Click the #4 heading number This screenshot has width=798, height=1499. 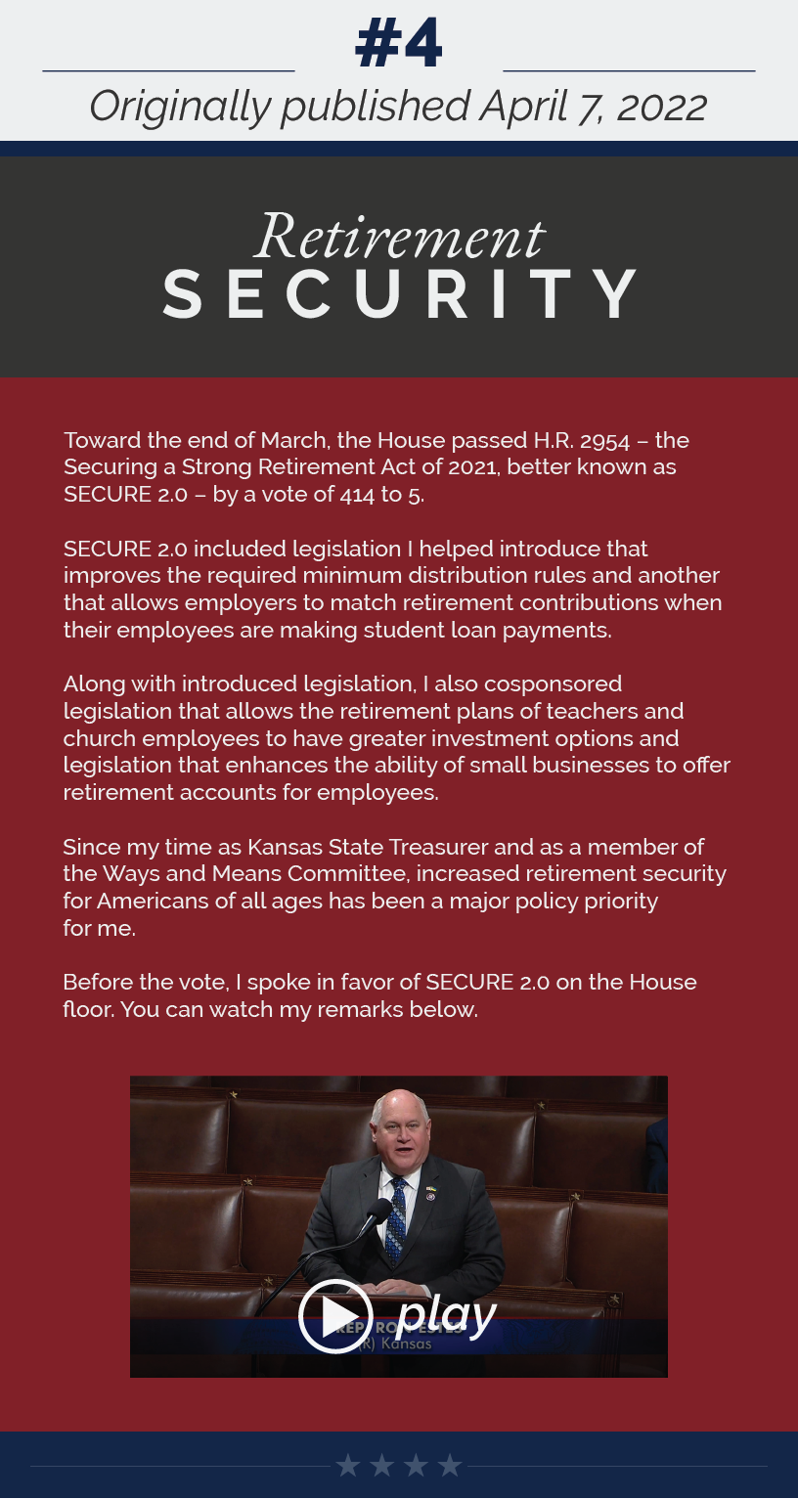399,43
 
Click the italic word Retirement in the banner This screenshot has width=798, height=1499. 399,238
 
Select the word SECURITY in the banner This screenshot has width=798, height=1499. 399,294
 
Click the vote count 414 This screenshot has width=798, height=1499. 357,495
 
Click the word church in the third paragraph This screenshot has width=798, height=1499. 97,738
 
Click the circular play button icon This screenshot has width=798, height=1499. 335,1316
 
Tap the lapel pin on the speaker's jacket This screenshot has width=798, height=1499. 429,1193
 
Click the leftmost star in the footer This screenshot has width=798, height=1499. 347,1465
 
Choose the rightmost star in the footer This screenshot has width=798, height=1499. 450,1465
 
